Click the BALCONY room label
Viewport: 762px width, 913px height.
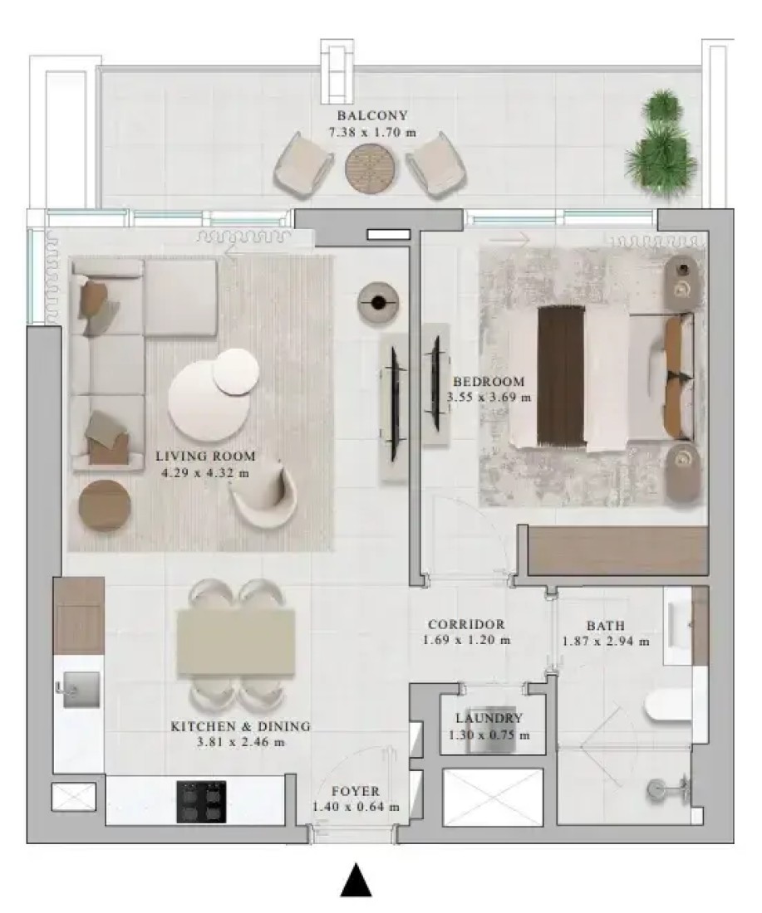(x=372, y=115)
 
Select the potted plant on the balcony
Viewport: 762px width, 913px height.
(x=661, y=144)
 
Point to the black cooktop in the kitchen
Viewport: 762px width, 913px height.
(x=201, y=802)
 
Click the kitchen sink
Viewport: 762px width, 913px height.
(x=78, y=690)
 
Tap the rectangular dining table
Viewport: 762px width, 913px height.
(x=236, y=642)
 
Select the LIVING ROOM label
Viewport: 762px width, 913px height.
(x=205, y=456)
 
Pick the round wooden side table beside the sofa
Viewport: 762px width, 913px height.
(x=105, y=505)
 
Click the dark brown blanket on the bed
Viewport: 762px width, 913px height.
(x=560, y=375)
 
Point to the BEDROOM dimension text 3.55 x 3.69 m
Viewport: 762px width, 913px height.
(x=489, y=398)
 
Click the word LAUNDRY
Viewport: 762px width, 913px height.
(x=489, y=719)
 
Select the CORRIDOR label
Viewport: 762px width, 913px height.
(x=466, y=624)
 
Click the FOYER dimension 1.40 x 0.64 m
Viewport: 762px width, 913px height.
(x=356, y=807)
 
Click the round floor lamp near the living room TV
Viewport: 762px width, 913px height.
(x=379, y=301)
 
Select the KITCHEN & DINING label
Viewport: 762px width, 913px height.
(x=240, y=727)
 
